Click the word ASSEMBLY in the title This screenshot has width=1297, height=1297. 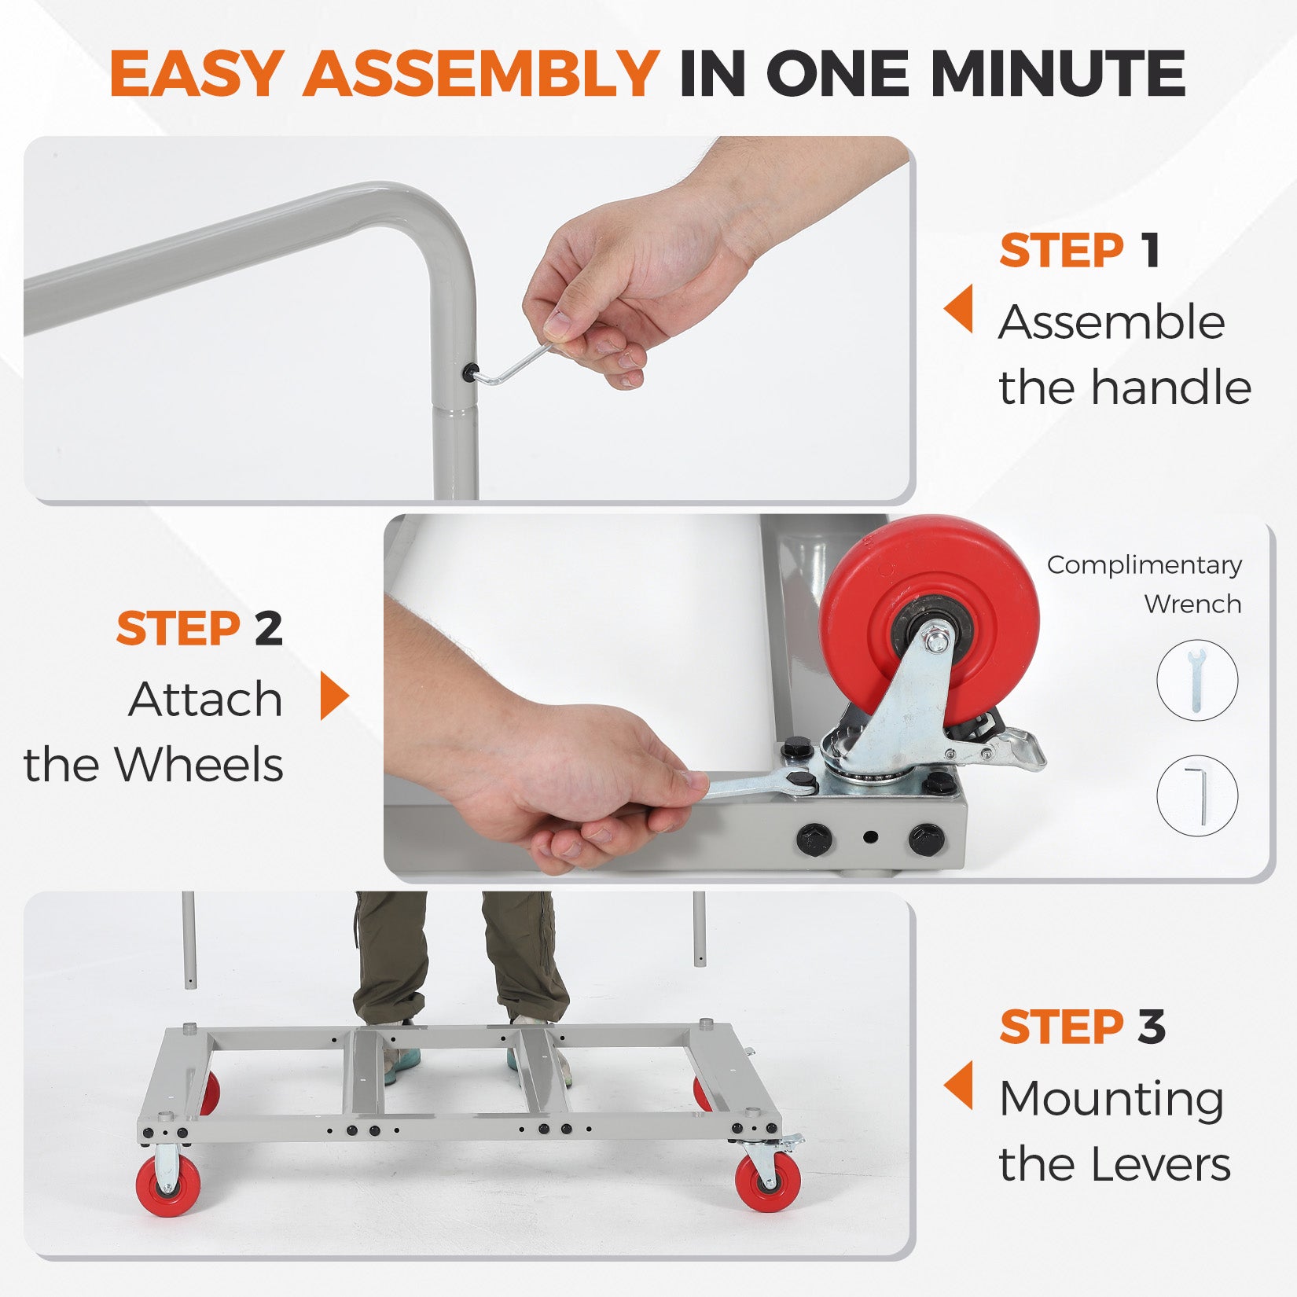coord(479,73)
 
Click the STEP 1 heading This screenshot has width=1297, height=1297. coord(1079,251)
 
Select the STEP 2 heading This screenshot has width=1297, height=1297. coord(199,629)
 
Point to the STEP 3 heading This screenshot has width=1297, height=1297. coord(1082,1027)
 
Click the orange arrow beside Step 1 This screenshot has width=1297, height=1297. coord(958,308)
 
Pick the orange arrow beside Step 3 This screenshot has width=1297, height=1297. coord(958,1085)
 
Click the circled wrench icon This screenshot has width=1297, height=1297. coord(1196,680)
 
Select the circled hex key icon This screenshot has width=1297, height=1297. coord(1196,795)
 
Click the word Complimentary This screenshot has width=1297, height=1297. coord(1144,565)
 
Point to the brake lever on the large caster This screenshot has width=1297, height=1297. coord(1002,748)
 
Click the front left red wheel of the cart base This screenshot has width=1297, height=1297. coord(167,1185)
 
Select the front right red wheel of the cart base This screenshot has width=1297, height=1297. coord(769,1181)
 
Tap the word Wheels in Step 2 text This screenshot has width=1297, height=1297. coord(200,765)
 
